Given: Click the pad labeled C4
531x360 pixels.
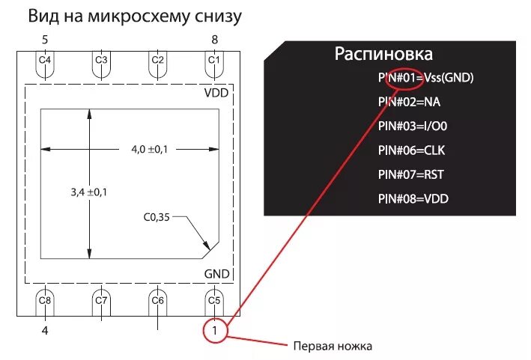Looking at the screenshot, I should click(45, 61).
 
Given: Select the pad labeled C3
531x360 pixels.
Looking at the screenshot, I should click(101, 61).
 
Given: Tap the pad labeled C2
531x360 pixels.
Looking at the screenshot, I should click(157, 61).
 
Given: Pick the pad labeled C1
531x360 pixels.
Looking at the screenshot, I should click(214, 61).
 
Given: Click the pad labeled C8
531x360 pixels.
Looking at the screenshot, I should click(45, 301).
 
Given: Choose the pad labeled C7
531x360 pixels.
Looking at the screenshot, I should click(101, 301).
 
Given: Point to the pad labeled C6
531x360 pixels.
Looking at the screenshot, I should click(157, 301).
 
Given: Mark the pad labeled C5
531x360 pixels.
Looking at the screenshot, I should click(214, 301).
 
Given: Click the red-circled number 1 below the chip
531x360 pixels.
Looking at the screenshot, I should click(214, 329).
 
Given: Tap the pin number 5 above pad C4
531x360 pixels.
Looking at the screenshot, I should click(45, 39).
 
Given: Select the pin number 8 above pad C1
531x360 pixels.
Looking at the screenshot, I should click(214, 39).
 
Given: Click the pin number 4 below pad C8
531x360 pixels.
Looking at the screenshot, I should click(45, 329).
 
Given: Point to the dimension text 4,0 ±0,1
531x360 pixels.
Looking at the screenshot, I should click(150, 150).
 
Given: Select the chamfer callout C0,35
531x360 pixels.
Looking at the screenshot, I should click(157, 218).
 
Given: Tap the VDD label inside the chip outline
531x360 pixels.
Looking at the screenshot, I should click(216, 94).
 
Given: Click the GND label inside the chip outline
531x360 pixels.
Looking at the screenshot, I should click(216, 274).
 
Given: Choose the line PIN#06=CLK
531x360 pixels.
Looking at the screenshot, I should click(412, 150).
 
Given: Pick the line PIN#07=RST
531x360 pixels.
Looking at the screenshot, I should click(412, 174).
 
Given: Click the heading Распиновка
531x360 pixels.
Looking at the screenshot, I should click(383, 54).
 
